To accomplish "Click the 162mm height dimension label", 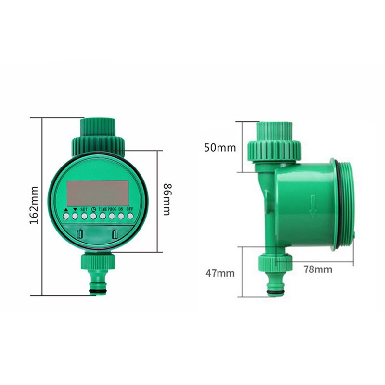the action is pos(34,205).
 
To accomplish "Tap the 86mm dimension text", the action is pos(167,199).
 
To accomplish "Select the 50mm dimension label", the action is pos(220,148).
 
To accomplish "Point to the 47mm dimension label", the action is pos(220,273).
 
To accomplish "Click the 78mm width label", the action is pos(318,269).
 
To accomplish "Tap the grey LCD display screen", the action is pos(98,193).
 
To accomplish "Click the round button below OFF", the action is pos(130,216).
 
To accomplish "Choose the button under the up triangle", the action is pos(66,216).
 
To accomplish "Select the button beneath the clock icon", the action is pos(93,216).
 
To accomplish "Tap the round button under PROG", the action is pos(112,216).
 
